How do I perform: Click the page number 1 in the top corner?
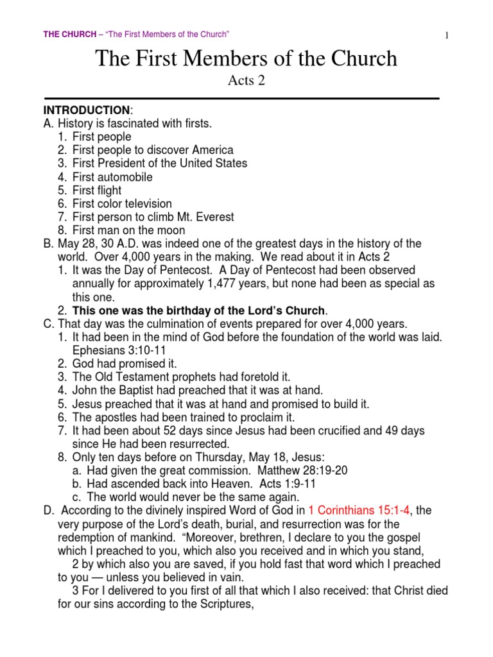pyautogui.click(x=445, y=36)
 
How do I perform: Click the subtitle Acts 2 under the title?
pyautogui.click(x=246, y=81)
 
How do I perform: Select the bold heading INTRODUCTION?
pyautogui.click(x=86, y=110)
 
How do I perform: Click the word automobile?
pyautogui.click(x=126, y=177)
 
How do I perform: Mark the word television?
pyautogui.click(x=145, y=203)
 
